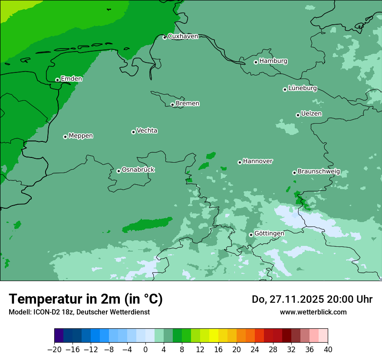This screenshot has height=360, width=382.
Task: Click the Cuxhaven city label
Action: tap(183, 36)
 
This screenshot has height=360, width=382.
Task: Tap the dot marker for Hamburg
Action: tap(256, 62)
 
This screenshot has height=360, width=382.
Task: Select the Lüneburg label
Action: tap(302, 88)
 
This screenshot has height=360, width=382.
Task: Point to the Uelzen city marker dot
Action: tap(298, 115)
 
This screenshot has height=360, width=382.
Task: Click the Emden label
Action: tap(71, 79)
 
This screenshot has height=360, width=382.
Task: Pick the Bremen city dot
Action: tap(172, 105)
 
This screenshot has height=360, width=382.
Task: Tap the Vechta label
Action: tap(147, 131)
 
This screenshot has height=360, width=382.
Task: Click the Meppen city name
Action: tap(81, 136)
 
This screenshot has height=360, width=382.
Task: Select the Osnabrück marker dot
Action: tap(119, 171)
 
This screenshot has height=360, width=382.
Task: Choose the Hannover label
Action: tap(257, 161)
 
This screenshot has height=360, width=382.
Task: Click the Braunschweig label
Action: tap(319, 172)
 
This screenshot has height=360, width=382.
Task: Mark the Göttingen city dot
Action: tap(251, 235)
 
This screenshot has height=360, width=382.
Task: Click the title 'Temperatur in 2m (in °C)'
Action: tap(86, 299)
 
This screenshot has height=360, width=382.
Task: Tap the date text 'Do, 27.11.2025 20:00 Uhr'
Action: tap(312, 299)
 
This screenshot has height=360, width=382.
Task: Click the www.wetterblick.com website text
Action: tap(313, 312)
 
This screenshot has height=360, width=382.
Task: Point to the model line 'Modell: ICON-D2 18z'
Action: tap(79, 312)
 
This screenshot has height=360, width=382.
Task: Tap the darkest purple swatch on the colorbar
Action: tap(59, 336)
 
